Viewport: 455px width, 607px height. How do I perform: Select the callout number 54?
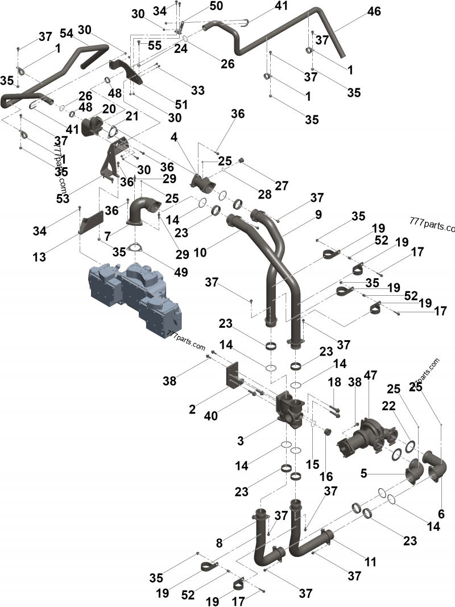67,34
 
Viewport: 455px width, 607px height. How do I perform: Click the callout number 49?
181,272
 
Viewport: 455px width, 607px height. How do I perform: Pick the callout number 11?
370,562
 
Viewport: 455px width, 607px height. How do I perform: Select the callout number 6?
441,514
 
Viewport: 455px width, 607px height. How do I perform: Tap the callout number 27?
282,186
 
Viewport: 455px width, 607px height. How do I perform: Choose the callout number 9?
318,215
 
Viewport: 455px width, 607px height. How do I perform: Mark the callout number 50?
200,6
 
